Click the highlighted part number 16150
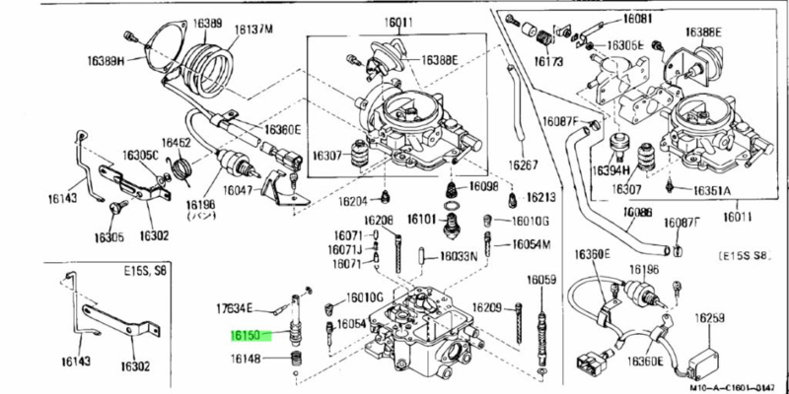tap(246, 336)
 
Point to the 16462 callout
tap(176, 143)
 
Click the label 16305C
tap(140, 155)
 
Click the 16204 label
tap(358, 200)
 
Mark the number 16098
tap(483, 185)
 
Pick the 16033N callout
tap(459, 256)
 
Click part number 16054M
tap(531, 243)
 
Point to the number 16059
tap(541, 281)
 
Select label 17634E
tap(235, 308)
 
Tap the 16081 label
tap(638, 19)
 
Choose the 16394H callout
tap(610, 170)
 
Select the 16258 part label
tap(709, 317)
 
